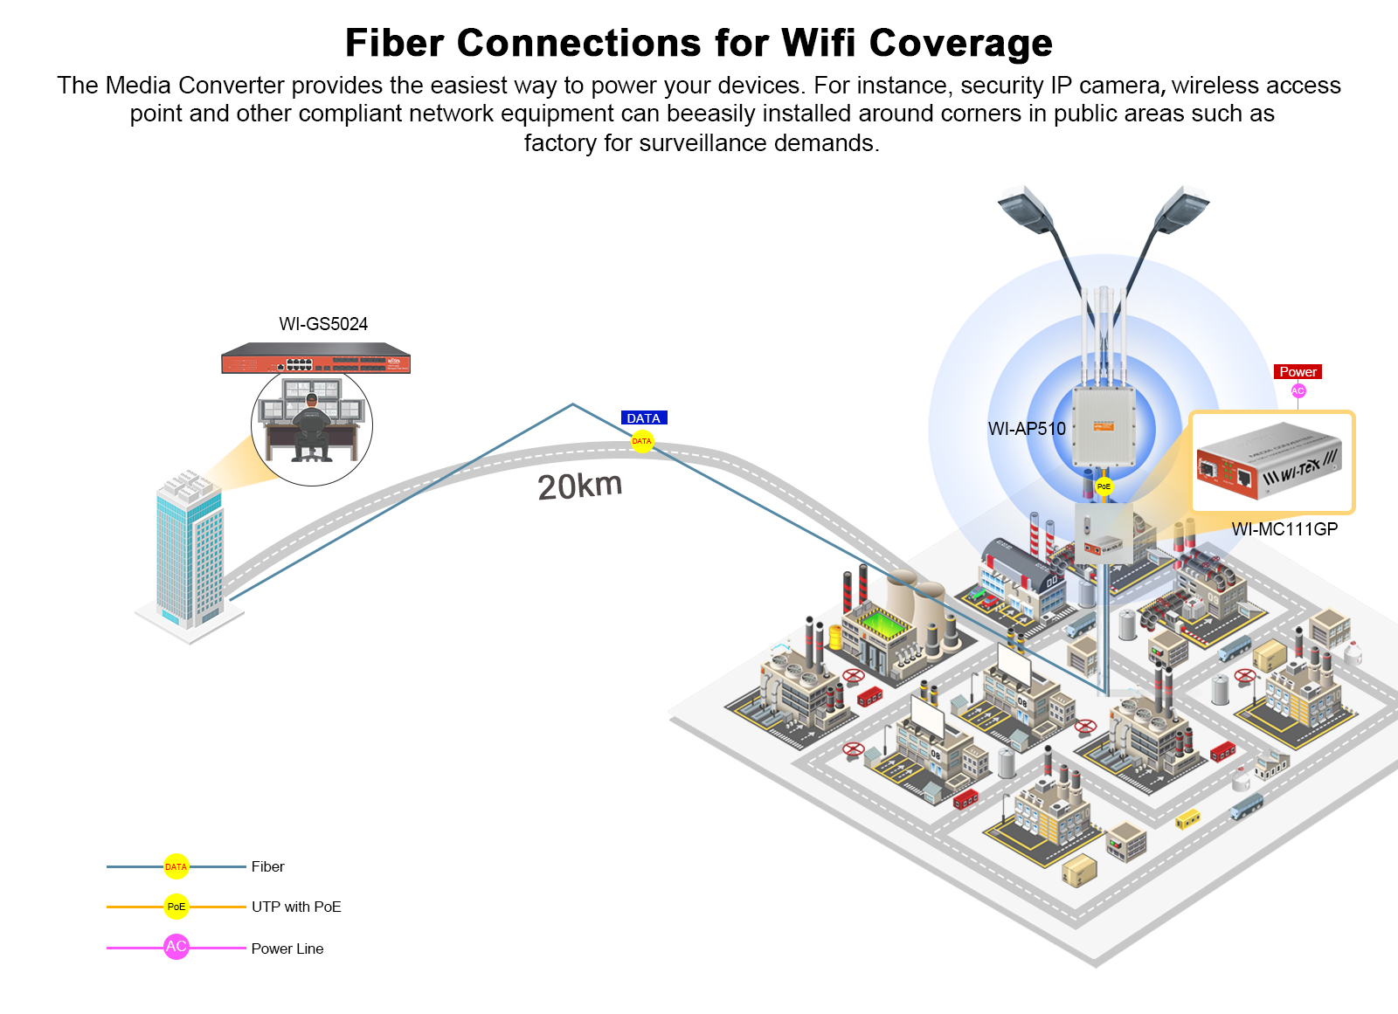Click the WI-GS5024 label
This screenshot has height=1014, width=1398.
pyautogui.click(x=323, y=324)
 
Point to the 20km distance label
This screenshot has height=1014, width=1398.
pyautogui.click(x=579, y=486)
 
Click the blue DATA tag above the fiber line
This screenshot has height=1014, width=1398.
pyautogui.click(x=643, y=418)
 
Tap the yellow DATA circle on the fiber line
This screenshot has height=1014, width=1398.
pyautogui.click(x=642, y=441)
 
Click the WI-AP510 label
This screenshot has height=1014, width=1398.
pyautogui.click(x=1027, y=429)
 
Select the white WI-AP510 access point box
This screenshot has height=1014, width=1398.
pyautogui.click(x=1104, y=427)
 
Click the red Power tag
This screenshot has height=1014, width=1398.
pyautogui.click(x=1298, y=372)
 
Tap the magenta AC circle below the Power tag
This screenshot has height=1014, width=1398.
pyautogui.click(x=1298, y=390)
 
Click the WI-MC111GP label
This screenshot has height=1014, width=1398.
pyautogui.click(x=1284, y=529)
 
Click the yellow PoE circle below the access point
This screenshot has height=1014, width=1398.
pyautogui.click(x=1104, y=486)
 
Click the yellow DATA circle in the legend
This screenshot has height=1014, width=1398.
pyautogui.click(x=176, y=866)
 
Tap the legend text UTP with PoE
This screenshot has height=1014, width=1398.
pyautogui.click(x=296, y=907)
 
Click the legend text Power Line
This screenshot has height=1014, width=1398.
pyautogui.click(x=287, y=948)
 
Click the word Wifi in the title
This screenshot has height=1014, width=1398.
pyautogui.click(x=819, y=43)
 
